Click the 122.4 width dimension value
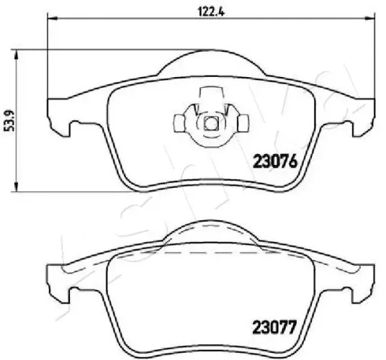coord(211,12)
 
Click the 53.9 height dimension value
coord(10,120)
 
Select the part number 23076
coord(276,162)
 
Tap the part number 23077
coord(274,327)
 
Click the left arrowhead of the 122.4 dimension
coord(52,18)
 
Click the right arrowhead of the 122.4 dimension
coord(369,18)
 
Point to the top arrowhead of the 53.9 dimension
coord(17,54)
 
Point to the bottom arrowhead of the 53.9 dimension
coord(17,186)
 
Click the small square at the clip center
coord(211,123)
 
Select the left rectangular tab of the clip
coord(179,123)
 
